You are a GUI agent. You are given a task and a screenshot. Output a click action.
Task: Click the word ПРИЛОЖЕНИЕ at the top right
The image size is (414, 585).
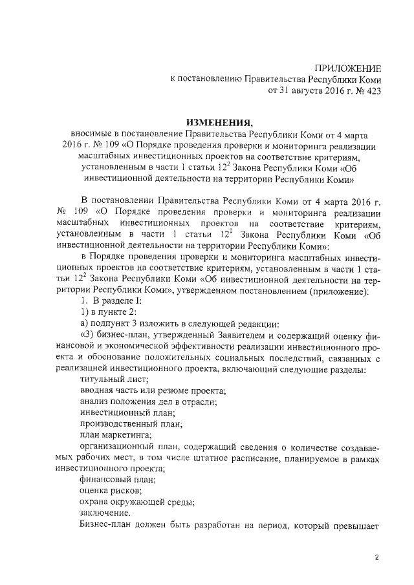pos(348,69)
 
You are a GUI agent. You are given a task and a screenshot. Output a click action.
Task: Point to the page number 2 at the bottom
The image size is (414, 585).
pos(377,558)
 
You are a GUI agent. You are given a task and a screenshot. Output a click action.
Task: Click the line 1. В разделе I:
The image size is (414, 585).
pos(107,301)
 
